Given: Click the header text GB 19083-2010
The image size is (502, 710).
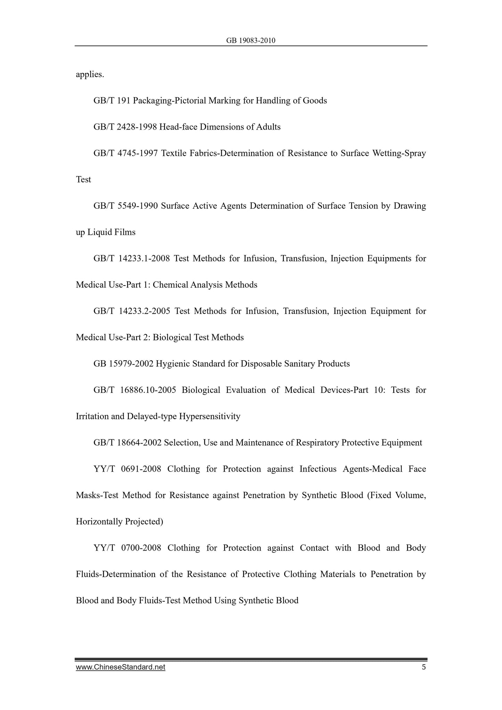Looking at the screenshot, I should click(250, 41).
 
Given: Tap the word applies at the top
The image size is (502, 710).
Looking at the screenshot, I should click(90, 74).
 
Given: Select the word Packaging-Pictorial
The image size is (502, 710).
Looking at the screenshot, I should click(169, 101).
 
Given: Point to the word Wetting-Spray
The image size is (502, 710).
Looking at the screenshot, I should click(399, 153).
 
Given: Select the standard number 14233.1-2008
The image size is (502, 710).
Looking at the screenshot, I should click(144, 259).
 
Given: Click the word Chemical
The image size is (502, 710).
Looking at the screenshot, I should click(169, 285).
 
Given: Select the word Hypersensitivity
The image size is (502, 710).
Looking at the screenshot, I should click(209, 416).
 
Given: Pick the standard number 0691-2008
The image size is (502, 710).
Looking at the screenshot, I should click(141, 469).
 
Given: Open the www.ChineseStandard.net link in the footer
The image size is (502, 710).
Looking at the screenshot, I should click(121, 667).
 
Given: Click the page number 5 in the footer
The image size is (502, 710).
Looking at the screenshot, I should click(423, 667).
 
